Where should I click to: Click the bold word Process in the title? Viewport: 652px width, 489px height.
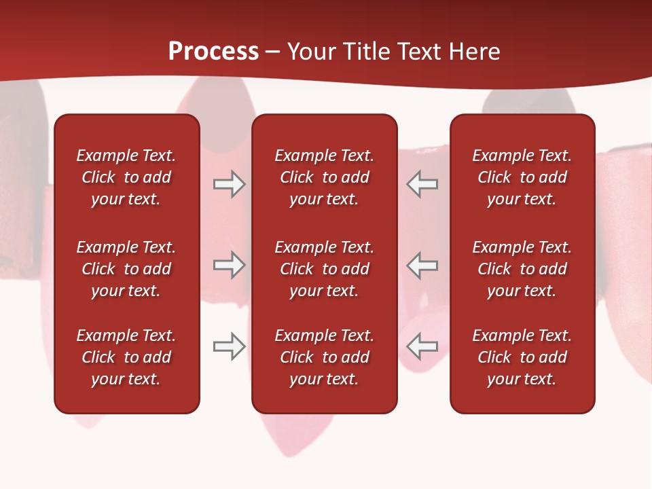click(x=213, y=52)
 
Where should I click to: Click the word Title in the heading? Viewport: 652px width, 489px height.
click(x=364, y=52)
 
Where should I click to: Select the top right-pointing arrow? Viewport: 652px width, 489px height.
click(x=229, y=184)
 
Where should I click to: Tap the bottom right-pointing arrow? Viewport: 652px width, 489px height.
click(x=229, y=346)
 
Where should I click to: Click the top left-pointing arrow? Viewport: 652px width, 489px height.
click(x=422, y=184)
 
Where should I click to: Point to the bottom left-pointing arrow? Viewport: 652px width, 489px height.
click(x=422, y=346)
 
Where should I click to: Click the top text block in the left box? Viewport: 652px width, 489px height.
click(x=126, y=177)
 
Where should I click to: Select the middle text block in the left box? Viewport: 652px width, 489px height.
click(x=126, y=269)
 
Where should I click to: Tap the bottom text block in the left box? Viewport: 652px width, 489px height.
click(x=126, y=357)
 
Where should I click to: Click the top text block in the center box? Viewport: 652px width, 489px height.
click(x=324, y=177)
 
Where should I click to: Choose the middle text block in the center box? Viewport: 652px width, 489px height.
click(x=324, y=269)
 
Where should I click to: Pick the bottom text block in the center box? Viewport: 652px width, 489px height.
click(x=324, y=357)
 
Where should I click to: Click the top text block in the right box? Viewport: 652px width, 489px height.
click(x=522, y=177)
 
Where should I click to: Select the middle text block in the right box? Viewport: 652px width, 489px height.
click(x=522, y=269)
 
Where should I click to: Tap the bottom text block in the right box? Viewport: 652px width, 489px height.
click(x=522, y=357)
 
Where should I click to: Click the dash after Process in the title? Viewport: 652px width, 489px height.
click(x=272, y=52)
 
